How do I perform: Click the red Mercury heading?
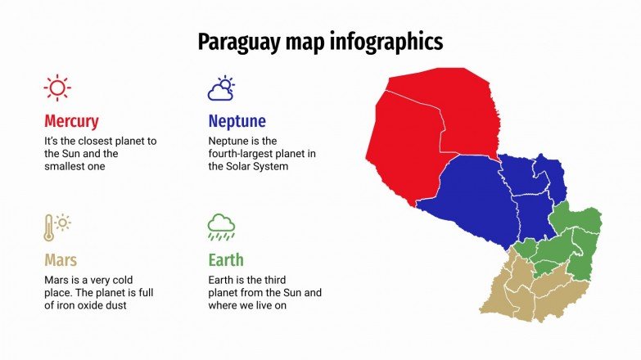(71, 121)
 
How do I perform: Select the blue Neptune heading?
(237, 121)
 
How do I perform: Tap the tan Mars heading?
(61, 260)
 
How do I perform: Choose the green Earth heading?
(226, 260)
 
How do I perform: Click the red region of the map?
(434, 123)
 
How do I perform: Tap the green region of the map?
(573, 241)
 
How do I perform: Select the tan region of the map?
(524, 286)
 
